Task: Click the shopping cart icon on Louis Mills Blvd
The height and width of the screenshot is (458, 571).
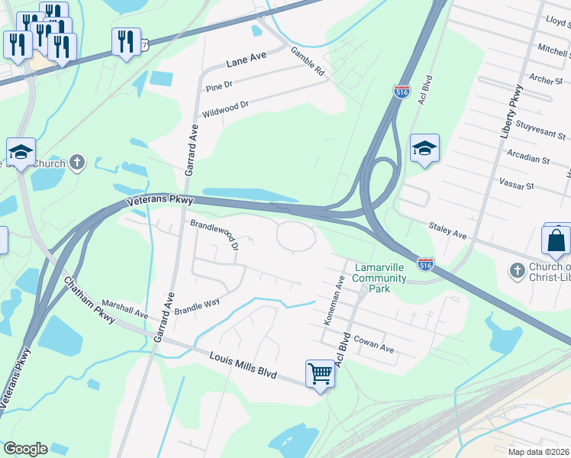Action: point(321,374)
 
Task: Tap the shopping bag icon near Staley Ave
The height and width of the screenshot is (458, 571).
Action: point(556,240)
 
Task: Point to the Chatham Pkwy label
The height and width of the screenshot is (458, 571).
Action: point(89,294)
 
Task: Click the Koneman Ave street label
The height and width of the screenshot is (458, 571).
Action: point(334,300)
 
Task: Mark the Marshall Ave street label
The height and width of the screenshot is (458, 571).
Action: point(124,308)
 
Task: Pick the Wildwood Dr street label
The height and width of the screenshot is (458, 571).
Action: point(225,108)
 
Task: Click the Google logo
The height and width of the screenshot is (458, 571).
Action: point(25,449)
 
